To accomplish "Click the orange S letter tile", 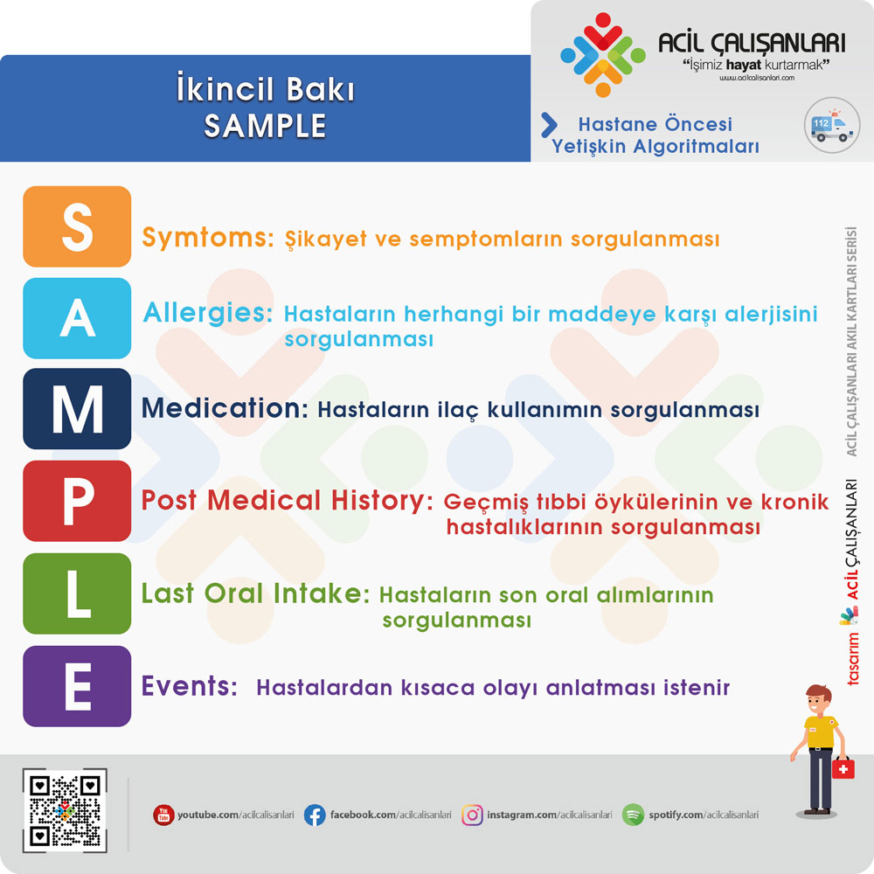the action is pyautogui.click(x=77, y=226).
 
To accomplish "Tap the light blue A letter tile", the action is pyautogui.click(x=77, y=318).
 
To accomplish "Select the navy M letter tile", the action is pyautogui.click(x=77, y=408).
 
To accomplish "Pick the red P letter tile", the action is pyautogui.click(x=77, y=501).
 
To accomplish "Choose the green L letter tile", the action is pyautogui.click(x=77, y=593).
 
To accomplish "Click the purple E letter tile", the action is pyautogui.click(x=77, y=686).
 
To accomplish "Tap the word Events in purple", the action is pyautogui.click(x=190, y=685).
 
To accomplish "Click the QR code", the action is pyautogui.click(x=65, y=810).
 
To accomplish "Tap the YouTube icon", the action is pyautogui.click(x=163, y=815).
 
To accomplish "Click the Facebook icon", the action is pyautogui.click(x=315, y=815).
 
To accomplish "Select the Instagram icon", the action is pyautogui.click(x=472, y=815).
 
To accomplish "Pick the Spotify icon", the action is pyautogui.click(x=633, y=815).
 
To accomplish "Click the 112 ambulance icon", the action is pyautogui.click(x=832, y=125).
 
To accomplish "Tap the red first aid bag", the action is pyautogui.click(x=843, y=768).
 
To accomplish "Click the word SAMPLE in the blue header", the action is pyautogui.click(x=266, y=125).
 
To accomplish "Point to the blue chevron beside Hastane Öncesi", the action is pyautogui.click(x=549, y=125).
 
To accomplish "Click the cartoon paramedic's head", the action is pyautogui.click(x=818, y=700).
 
